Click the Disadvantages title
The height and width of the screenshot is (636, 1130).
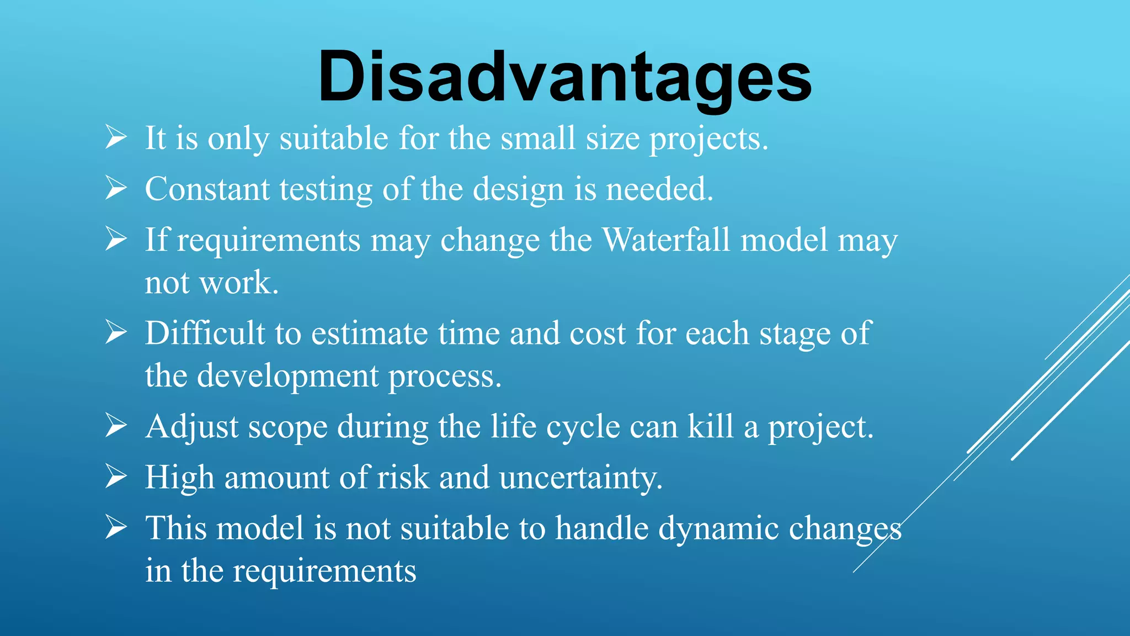tap(564, 77)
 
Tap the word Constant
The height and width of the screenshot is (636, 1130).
tap(207, 189)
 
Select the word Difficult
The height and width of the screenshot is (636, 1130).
tap(205, 333)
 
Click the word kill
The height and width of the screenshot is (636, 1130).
tap(711, 427)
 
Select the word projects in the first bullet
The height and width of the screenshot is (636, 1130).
tap(708, 139)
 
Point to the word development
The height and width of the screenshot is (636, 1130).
tap(287, 377)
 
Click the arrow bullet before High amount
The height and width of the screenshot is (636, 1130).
tap(116, 476)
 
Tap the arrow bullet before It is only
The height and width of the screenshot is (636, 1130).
tap(116, 137)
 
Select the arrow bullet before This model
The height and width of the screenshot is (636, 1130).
tap(116, 527)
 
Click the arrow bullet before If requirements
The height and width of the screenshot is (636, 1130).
tap(116, 239)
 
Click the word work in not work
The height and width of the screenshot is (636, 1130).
tap(238, 283)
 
